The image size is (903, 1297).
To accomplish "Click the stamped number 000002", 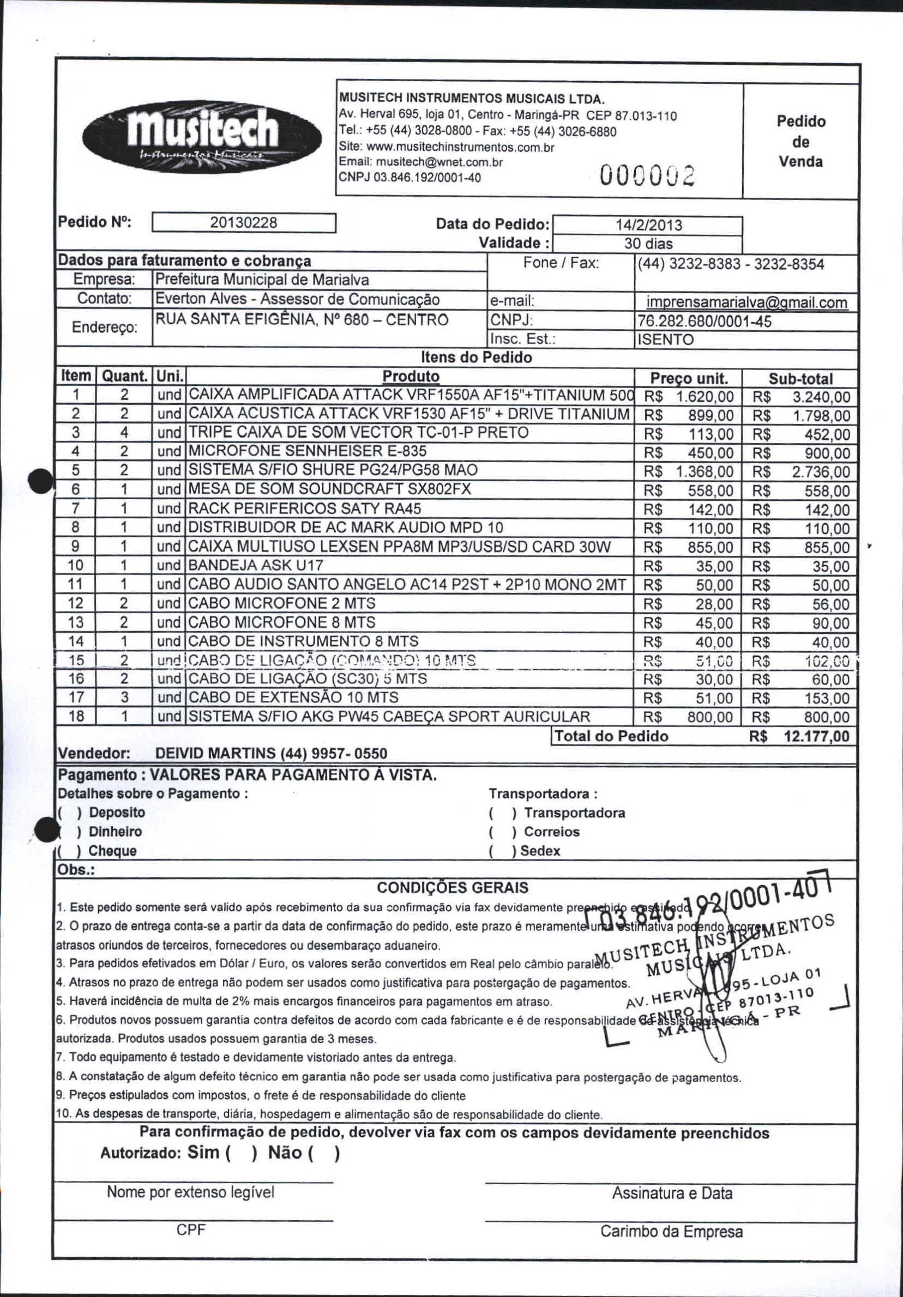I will tap(648, 177).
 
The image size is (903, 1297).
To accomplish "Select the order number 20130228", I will tap(244, 222).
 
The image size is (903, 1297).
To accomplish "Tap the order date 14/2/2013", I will tap(648, 226).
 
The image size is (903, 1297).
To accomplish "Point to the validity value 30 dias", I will tap(648, 244).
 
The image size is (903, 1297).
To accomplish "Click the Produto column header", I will tap(410, 376).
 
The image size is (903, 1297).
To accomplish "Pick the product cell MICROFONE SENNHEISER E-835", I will tap(307, 451).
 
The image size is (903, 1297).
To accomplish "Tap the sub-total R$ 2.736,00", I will tap(821, 472).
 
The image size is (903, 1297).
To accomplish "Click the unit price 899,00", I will tap(711, 416).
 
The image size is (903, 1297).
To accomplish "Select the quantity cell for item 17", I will tap(124, 698).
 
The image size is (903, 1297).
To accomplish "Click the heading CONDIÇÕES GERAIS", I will tap(453, 887).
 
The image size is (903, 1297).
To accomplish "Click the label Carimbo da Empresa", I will tap(671, 1232).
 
